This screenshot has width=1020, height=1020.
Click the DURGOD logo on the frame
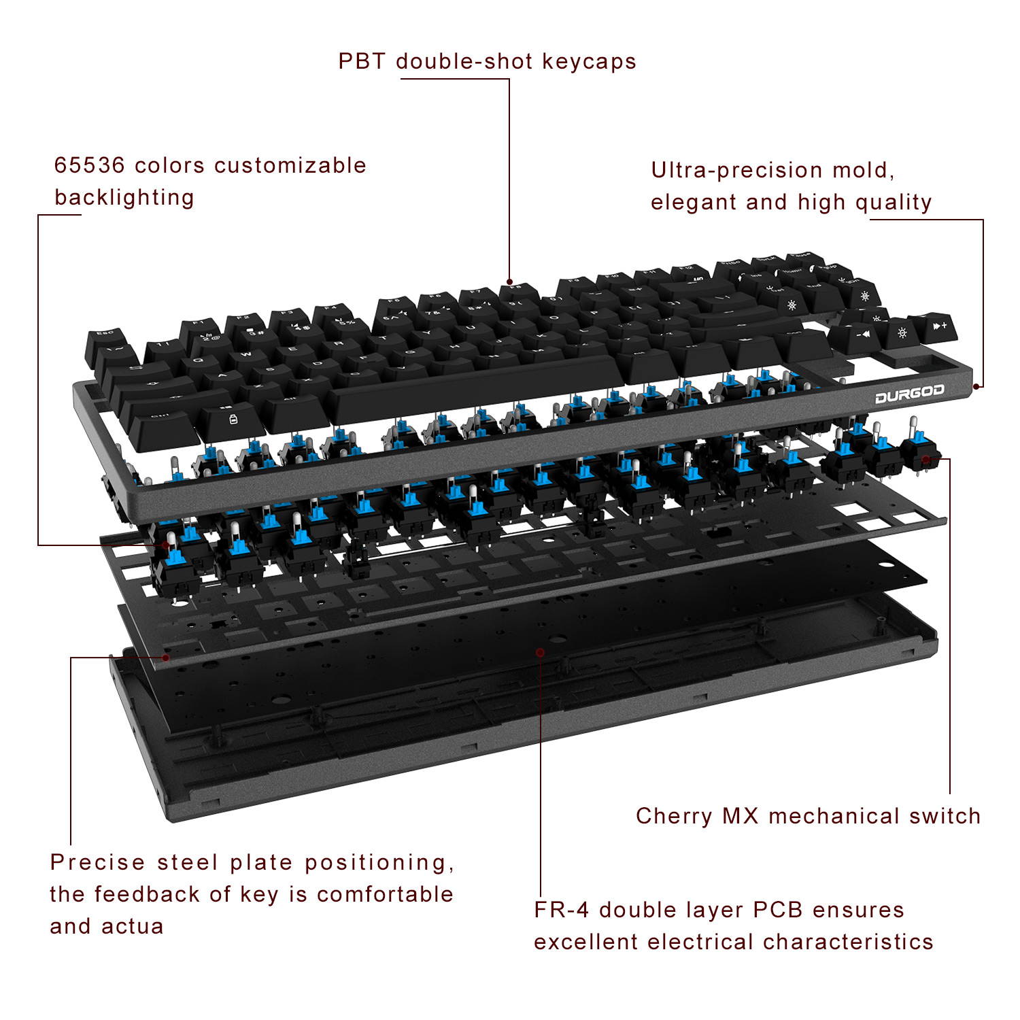909,394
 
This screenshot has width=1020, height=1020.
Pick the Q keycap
198,360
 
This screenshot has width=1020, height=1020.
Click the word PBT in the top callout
362,61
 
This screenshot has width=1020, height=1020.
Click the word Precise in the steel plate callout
97,862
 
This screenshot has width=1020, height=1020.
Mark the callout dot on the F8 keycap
509,281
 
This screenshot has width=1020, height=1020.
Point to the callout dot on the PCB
540,652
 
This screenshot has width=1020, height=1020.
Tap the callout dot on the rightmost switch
926,459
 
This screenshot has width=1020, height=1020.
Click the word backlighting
124,198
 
